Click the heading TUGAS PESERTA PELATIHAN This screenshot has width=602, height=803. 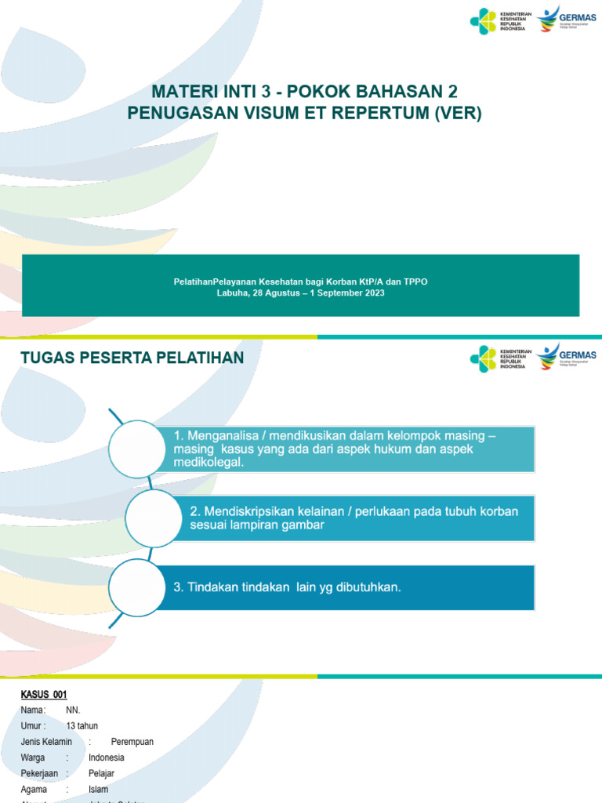click(132, 358)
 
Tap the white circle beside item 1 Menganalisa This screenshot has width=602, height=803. click(138, 449)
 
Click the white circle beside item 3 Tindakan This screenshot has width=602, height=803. click(138, 587)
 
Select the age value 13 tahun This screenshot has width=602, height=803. click(83, 725)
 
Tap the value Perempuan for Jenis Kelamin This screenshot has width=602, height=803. click(132, 741)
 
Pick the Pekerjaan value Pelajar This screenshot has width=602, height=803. click(102, 773)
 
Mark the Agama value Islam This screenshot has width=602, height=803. click(99, 789)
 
